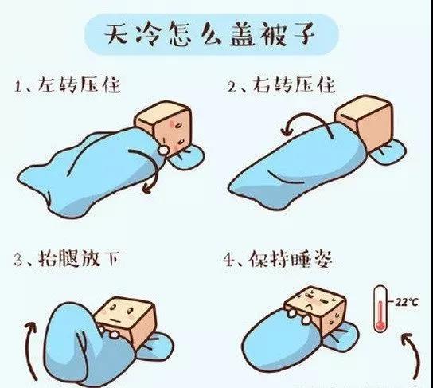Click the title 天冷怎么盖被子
point(210,34)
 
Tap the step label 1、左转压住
point(68,84)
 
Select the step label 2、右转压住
point(282,84)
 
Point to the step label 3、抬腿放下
point(67,259)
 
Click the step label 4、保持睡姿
point(277,259)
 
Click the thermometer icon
point(380,308)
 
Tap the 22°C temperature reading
point(406,302)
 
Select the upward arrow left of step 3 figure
point(32,351)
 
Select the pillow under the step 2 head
point(388,153)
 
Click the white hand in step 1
point(163,150)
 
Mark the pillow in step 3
point(154,347)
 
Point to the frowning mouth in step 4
point(310,306)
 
